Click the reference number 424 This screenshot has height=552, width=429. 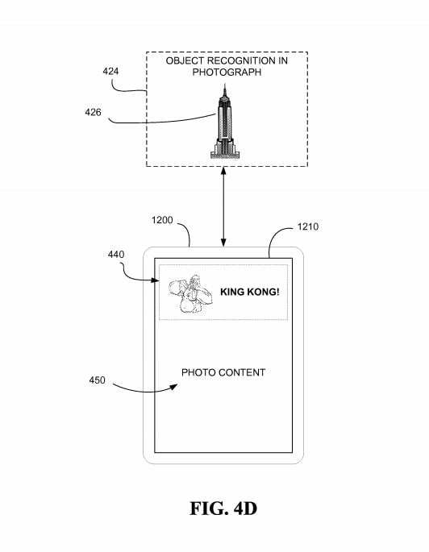[x=110, y=72]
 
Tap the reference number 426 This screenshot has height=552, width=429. [x=93, y=112]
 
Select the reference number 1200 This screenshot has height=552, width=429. [x=162, y=220]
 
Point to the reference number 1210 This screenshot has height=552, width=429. [x=308, y=226]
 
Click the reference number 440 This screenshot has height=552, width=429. [x=116, y=254]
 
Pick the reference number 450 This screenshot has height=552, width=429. [x=97, y=380]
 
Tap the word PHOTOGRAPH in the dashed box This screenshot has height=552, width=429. [x=227, y=73]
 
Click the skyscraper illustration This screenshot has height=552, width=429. [x=225, y=121]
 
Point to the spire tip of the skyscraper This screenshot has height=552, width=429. [x=225, y=84]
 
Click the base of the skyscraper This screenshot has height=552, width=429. [x=225, y=154]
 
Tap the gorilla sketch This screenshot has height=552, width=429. [x=190, y=294]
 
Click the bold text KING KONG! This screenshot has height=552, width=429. [x=250, y=292]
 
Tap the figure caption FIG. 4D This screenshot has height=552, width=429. [x=223, y=508]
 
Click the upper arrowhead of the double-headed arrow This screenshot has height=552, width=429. [x=223, y=171]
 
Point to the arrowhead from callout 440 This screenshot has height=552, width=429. [x=155, y=280]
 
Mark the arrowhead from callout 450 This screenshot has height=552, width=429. [x=174, y=387]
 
